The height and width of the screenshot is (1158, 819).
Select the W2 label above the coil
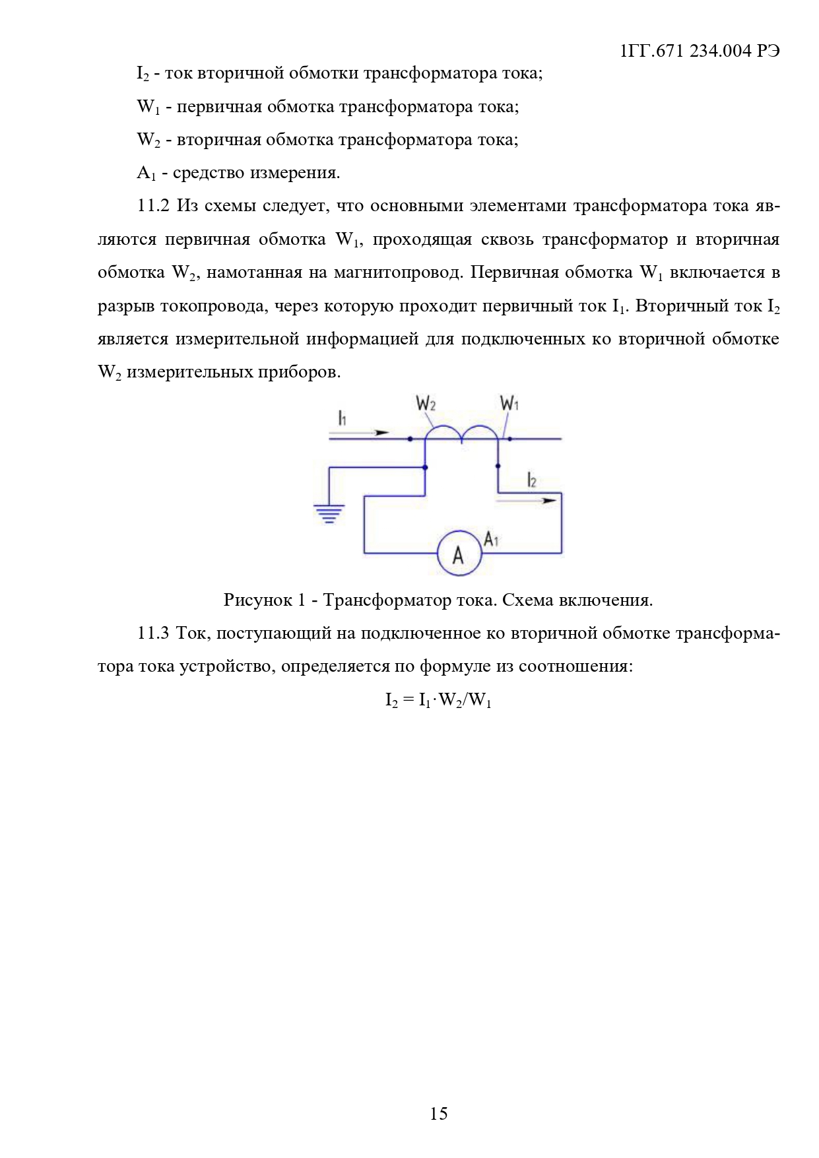point(426,403)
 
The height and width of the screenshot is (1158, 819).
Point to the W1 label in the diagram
point(509,402)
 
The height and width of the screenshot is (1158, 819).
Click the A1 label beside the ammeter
point(491,539)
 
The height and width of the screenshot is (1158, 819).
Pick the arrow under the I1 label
point(360,433)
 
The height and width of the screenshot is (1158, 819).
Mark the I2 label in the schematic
point(532,480)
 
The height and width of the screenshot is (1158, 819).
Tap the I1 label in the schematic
point(342,418)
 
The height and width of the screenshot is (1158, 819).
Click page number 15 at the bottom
point(438,1114)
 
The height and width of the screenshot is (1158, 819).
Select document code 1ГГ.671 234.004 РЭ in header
point(700,51)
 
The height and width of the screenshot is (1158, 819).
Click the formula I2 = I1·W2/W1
point(438,700)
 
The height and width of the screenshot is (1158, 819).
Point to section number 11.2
point(153,206)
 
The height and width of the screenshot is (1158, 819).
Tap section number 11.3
point(153,633)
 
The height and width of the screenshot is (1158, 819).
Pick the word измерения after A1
point(296,173)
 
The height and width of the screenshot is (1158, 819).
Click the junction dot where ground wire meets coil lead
point(425,467)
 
